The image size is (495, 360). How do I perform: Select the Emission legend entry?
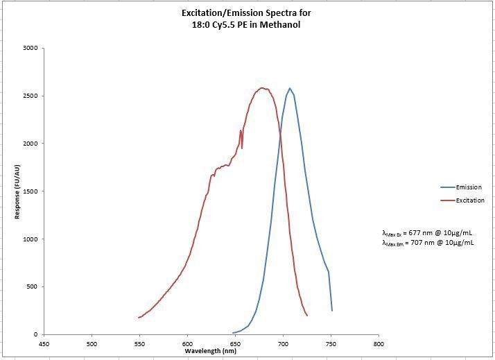468,187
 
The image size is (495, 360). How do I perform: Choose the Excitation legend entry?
469,200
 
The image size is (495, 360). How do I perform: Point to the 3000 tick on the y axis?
30,49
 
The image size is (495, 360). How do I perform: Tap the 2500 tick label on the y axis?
30,96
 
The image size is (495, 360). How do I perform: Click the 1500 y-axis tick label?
30,191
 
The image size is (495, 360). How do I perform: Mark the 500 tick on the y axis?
32,286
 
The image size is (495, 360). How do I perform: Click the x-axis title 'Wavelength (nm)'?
211,351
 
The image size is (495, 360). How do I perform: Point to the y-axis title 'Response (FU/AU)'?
17,191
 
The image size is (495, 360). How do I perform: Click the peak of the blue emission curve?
290,88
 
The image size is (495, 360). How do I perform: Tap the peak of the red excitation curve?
262,88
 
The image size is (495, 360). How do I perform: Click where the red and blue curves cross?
281,134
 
